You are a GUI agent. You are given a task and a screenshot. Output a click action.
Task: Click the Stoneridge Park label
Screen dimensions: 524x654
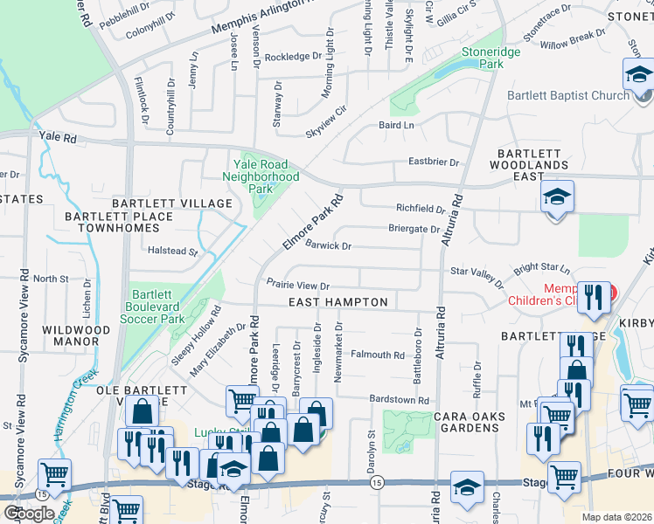click(x=482, y=58)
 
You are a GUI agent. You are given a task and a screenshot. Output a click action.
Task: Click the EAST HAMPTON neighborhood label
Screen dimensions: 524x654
click(x=338, y=302)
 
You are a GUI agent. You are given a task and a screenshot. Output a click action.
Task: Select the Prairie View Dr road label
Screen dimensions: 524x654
click(x=298, y=286)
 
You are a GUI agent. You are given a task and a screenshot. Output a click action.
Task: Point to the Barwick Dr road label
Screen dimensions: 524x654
click(x=328, y=246)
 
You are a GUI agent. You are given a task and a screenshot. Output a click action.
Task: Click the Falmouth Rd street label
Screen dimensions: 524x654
click(x=378, y=355)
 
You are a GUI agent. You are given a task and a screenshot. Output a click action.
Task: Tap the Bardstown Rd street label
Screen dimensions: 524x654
click(x=400, y=400)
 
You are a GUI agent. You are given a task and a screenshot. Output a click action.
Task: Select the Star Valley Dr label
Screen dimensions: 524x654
click(x=477, y=278)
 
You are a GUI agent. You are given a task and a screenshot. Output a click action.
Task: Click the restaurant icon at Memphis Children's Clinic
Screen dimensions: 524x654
click(x=595, y=297)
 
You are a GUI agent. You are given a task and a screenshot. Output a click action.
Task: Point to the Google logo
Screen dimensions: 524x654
click(x=29, y=514)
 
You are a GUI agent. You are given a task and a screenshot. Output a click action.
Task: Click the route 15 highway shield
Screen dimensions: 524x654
click(x=377, y=481)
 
